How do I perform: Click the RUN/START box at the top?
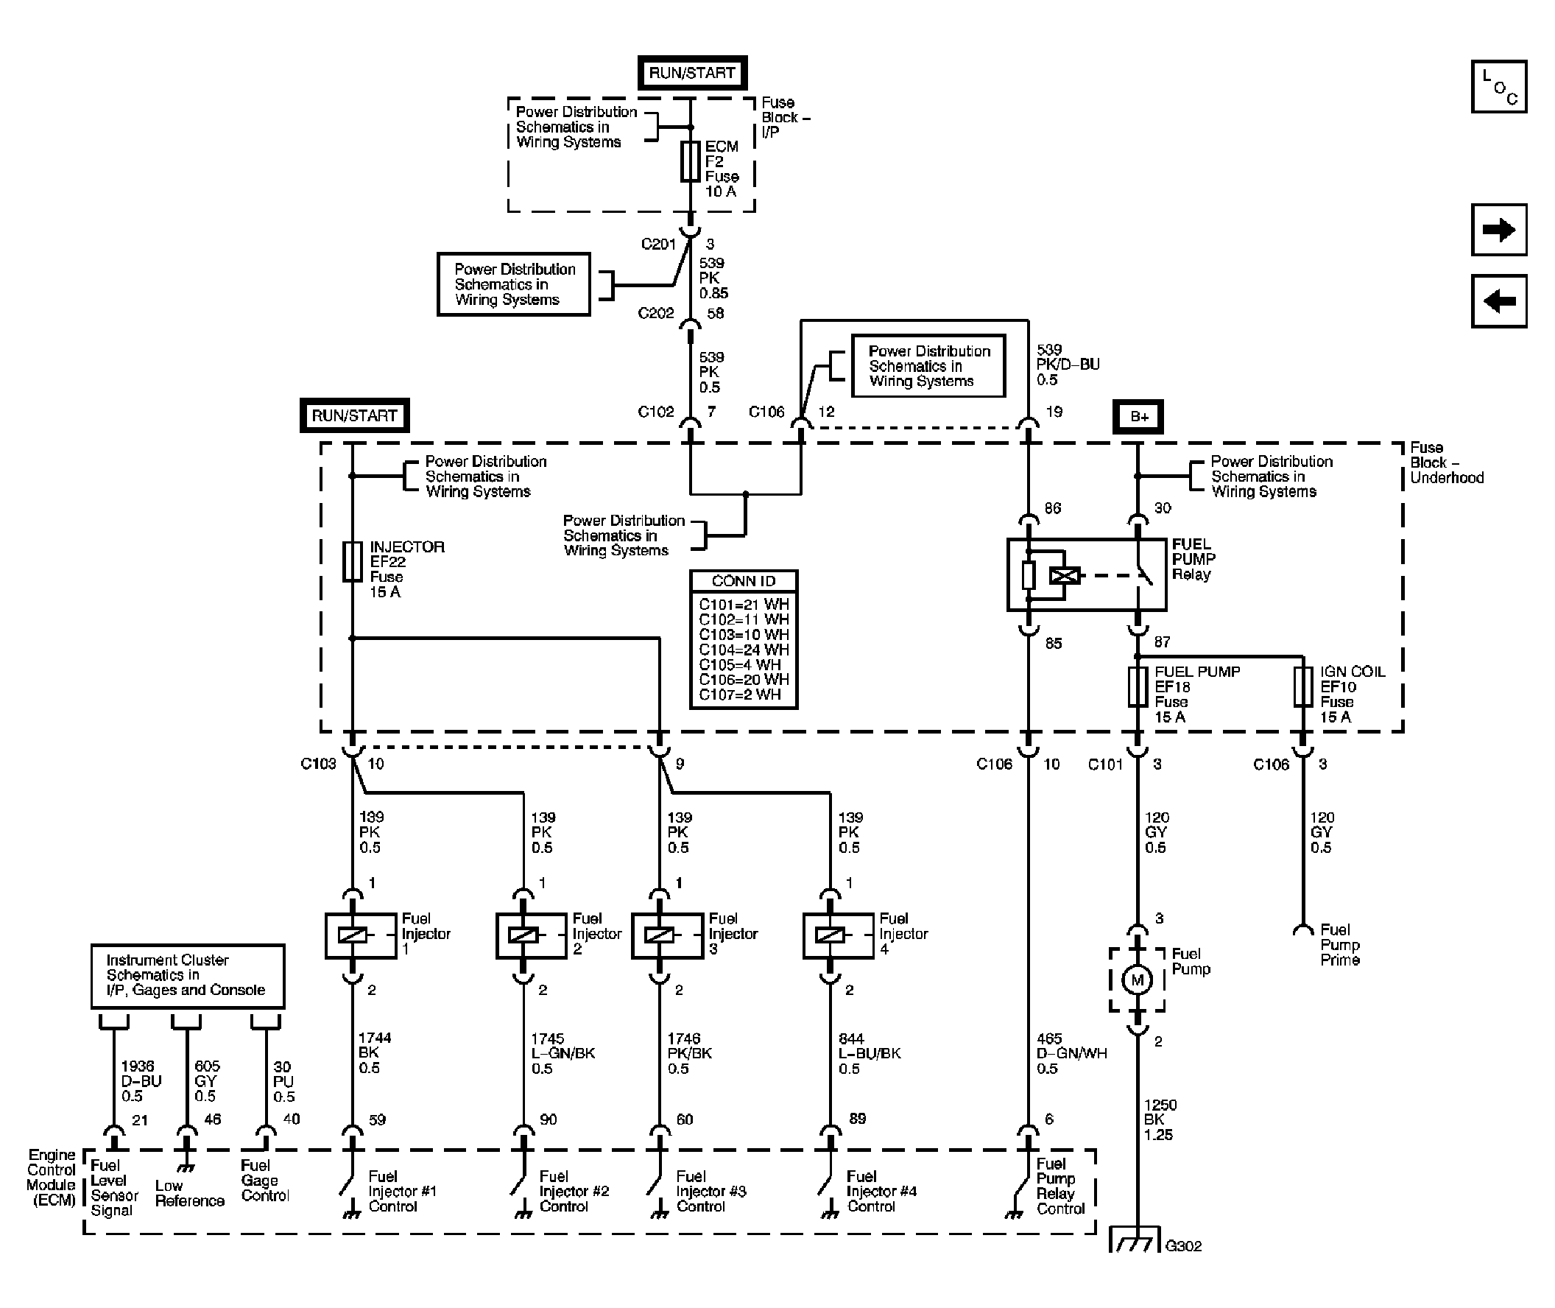(691, 73)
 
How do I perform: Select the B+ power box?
(1138, 417)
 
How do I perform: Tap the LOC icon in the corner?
(1498, 87)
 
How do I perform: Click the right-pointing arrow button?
(1498, 230)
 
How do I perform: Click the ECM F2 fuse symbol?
(690, 161)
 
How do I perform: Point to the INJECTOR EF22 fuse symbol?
(352, 561)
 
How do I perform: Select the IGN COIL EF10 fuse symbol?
(1302, 686)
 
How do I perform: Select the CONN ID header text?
(744, 581)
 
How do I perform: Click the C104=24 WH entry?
(744, 650)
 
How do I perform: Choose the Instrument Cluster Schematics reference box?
(187, 975)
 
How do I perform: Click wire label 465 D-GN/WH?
(1071, 1053)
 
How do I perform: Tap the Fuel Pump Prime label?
(1339, 945)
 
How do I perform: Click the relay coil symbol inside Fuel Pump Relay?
(1065, 574)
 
